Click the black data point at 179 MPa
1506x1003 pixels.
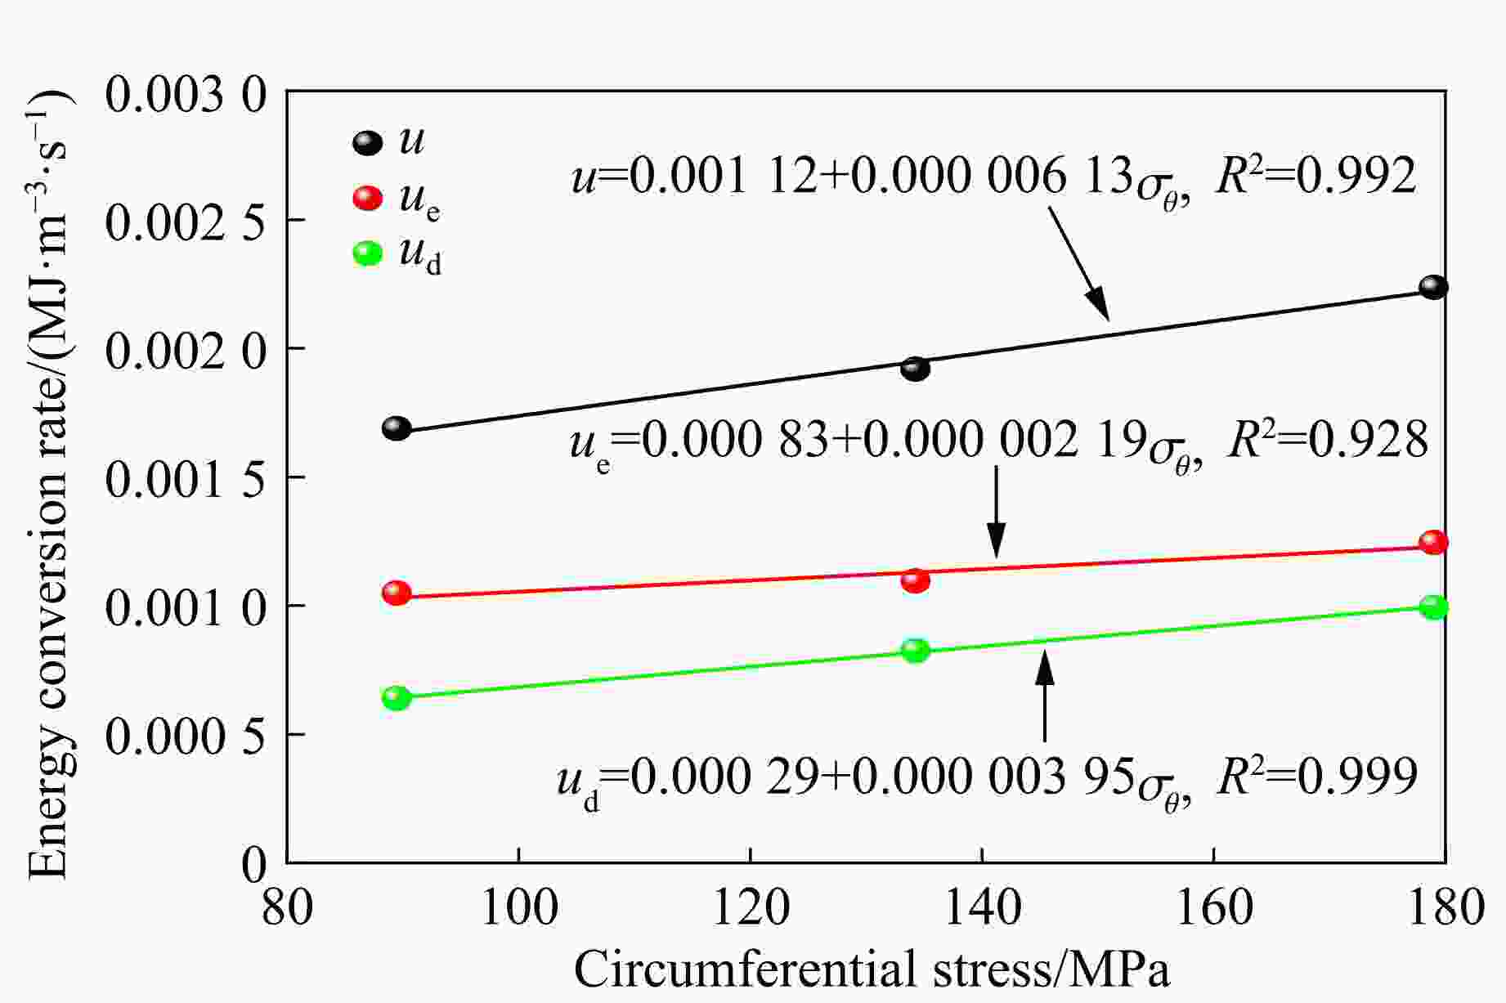click(1433, 287)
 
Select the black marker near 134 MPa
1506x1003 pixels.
click(915, 369)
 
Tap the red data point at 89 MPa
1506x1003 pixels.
click(397, 593)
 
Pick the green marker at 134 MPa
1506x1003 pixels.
click(915, 650)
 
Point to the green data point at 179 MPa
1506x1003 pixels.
click(1433, 607)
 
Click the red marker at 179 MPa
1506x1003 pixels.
click(1433, 542)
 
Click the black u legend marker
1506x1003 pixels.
click(367, 143)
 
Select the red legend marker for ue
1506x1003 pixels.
click(367, 198)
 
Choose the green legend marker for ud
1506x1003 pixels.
click(367, 253)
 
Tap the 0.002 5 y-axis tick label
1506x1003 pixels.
click(186, 221)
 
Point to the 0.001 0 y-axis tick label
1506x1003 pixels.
click(186, 607)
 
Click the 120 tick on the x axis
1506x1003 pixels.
click(751, 907)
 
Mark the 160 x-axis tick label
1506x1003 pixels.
click(1213, 907)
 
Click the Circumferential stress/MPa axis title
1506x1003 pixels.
click(872, 971)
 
